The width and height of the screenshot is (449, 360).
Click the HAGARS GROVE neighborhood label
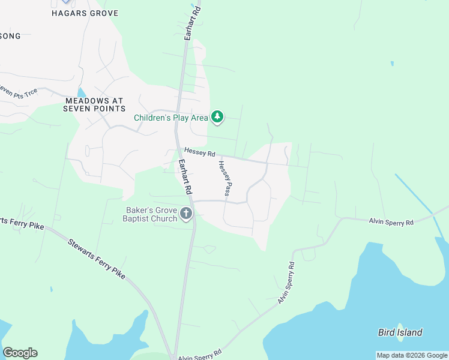click(85, 13)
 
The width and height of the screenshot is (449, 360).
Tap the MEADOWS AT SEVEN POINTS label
click(95, 104)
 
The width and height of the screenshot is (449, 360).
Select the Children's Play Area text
click(170, 118)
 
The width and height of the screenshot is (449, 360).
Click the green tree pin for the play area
click(218, 118)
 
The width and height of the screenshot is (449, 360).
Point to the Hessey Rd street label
click(199, 152)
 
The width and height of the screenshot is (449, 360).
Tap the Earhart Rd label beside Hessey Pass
click(184, 176)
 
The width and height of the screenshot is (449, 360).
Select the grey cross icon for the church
click(187, 214)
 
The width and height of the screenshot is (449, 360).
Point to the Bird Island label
click(400, 332)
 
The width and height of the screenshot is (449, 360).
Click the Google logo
click(20, 353)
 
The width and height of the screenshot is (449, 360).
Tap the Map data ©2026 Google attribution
click(411, 355)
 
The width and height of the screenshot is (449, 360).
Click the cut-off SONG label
click(10, 36)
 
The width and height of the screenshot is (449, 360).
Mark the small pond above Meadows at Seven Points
click(82, 92)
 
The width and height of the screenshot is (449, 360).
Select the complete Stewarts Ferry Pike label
click(96, 259)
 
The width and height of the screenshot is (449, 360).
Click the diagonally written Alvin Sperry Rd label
click(286, 282)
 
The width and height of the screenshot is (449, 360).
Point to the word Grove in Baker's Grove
click(165, 211)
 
